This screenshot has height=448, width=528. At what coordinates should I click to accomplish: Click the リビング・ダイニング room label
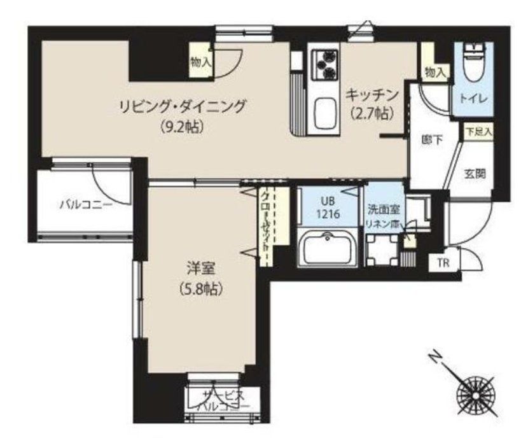click(182, 106)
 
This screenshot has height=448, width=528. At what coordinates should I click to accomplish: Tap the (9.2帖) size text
click(182, 126)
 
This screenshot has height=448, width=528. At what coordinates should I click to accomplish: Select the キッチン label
click(372, 95)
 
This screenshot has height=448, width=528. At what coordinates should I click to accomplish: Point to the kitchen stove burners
click(324, 64)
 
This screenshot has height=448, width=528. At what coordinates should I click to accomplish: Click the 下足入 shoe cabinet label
click(477, 132)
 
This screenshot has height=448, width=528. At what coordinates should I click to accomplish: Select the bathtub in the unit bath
click(326, 248)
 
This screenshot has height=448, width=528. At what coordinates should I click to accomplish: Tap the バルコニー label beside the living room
click(86, 204)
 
